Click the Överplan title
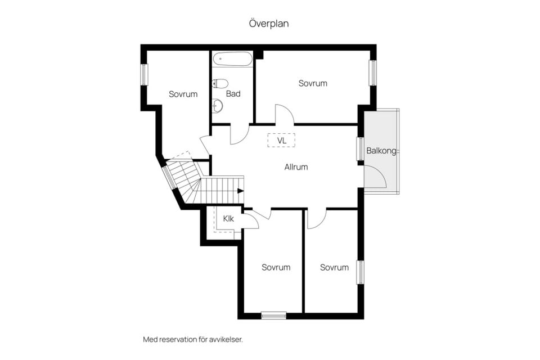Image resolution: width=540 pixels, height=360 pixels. (x=269, y=24)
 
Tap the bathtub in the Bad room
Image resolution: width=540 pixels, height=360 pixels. (x=232, y=59)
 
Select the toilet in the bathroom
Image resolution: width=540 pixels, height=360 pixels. (x=220, y=83)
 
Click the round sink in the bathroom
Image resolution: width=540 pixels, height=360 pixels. (x=217, y=106)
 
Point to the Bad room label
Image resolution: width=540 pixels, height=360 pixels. (x=233, y=94)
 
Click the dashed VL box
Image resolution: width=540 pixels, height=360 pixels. (x=281, y=140)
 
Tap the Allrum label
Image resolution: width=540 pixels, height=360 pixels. (x=296, y=167)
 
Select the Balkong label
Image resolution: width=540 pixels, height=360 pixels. (x=381, y=151)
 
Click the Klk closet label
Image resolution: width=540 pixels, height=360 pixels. (x=229, y=218)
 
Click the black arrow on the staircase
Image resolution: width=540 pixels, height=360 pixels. (x=241, y=191)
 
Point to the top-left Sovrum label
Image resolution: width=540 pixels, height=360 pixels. (x=183, y=94)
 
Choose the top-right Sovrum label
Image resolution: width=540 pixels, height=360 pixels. (x=313, y=83)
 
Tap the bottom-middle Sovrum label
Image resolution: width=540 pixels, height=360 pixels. (x=276, y=267)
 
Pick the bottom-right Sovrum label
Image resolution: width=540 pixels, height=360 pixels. (x=334, y=267)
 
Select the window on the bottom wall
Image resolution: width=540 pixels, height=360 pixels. (x=274, y=315)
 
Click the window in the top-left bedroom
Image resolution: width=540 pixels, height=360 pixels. (x=144, y=74)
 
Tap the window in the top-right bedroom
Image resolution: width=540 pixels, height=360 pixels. (x=372, y=73)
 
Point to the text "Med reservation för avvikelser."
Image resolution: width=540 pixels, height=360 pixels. (x=193, y=339)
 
